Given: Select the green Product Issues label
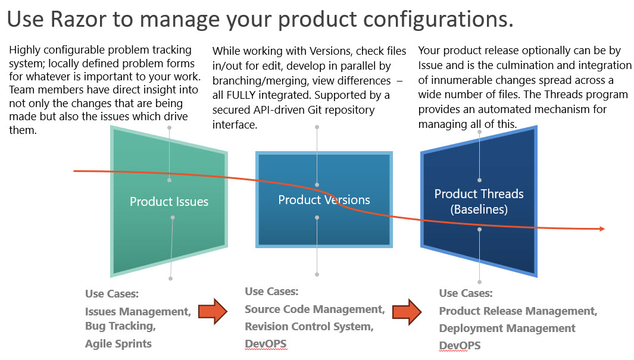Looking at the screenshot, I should pos(169,201).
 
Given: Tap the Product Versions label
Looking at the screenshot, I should pos(324,200).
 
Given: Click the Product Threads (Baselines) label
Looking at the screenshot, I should pos(479,201).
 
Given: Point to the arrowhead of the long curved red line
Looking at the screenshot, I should pos(602,228).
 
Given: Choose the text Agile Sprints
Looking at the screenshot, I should pos(118,343).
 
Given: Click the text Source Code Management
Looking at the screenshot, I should pos(314,309).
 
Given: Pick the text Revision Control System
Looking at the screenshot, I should pos(309,326).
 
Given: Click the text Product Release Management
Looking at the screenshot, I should pos(518,311).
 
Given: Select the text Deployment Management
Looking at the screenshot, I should pos(507,328).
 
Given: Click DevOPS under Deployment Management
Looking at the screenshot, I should pos(460,345).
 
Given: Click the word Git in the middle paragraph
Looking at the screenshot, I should pos(318,109).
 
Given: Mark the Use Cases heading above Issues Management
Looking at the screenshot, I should pos(111,294).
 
